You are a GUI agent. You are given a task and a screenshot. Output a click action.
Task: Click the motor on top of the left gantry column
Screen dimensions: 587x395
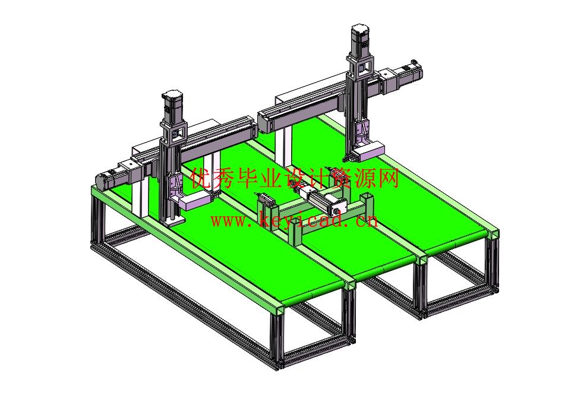172,106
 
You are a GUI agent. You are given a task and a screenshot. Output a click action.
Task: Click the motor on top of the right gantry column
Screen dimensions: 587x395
360,40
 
